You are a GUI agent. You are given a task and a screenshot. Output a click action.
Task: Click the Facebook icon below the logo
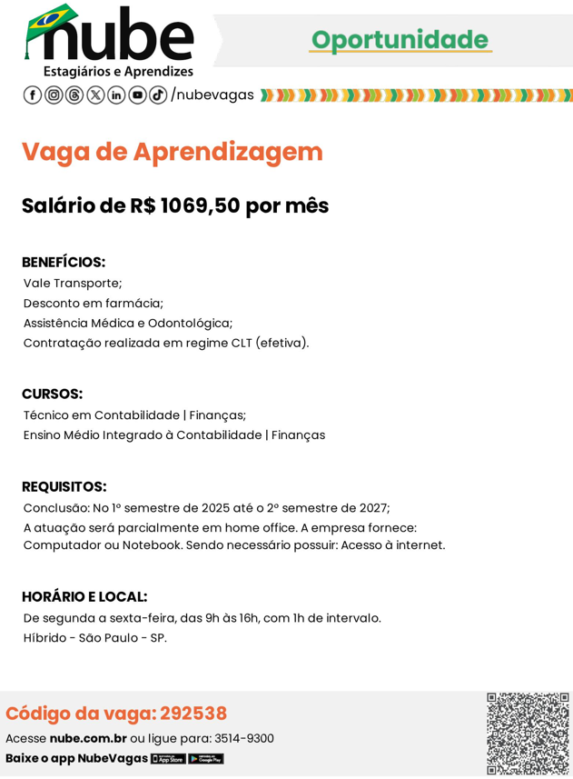tap(32, 95)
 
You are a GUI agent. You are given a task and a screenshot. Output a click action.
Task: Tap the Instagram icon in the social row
tap(54, 95)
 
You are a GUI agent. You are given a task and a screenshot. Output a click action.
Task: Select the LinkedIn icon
tap(116, 95)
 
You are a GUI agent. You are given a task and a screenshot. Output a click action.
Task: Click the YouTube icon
tap(137, 95)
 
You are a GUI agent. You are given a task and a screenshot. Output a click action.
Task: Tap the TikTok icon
tap(158, 95)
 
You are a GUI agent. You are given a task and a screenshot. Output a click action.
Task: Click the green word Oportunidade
tap(400, 40)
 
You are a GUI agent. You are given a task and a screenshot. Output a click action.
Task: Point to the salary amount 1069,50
tap(200, 206)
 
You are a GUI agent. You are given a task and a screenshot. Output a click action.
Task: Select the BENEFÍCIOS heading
tap(64, 263)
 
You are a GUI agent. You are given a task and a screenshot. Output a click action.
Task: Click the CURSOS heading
tap(52, 394)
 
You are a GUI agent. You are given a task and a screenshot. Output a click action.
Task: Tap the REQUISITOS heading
tap(64, 487)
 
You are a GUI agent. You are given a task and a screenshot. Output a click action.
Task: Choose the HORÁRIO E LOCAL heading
tap(84, 597)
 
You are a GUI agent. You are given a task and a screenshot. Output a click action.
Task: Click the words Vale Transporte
tap(73, 284)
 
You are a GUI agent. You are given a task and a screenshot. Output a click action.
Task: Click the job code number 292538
tap(193, 714)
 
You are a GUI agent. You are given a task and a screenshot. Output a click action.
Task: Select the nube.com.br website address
tap(88, 739)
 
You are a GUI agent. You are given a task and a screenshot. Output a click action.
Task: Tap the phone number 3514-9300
tap(243, 739)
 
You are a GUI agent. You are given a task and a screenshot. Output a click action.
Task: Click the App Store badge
tap(168, 759)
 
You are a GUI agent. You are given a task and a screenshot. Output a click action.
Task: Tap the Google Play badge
tap(206, 759)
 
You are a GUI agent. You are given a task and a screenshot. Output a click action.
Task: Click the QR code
tap(528, 734)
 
